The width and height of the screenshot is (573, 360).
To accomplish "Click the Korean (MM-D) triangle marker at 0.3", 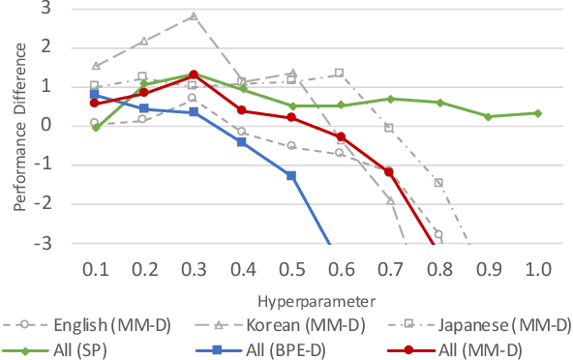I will click(x=194, y=15).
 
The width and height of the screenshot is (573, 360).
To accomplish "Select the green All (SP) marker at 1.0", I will click(x=538, y=113).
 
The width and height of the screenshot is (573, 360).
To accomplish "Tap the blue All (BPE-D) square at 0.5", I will click(x=291, y=175).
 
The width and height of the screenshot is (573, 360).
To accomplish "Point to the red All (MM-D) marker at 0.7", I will click(x=390, y=172).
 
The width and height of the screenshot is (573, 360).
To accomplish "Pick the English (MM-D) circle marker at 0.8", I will click(x=438, y=234).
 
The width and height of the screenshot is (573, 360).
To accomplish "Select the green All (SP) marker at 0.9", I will click(x=489, y=116).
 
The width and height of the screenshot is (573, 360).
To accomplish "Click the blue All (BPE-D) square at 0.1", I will click(x=94, y=94).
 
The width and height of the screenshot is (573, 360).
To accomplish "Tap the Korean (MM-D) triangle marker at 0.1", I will click(x=95, y=66).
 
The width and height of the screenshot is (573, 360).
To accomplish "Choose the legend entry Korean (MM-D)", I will click(x=275, y=323).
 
